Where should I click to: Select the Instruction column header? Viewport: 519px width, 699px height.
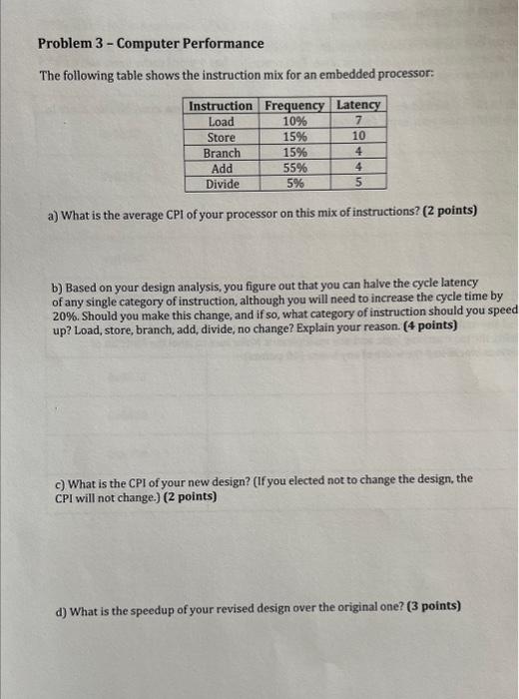pyautogui.click(x=221, y=106)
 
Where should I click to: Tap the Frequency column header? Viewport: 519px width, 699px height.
pyautogui.click(x=294, y=106)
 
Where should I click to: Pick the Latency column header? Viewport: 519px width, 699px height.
pyautogui.click(x=359, y=106)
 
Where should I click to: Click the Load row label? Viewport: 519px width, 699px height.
pyautogui.click(x=221, y=122)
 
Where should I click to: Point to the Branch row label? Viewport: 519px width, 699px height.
pyautogui.click(x=222, y=153)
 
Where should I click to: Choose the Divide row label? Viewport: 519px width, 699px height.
pyautogui.click(x=222, y=184)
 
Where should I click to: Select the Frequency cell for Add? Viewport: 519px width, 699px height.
pyautogui.click(x=294, y=169)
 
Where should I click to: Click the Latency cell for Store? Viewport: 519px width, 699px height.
pyautogui.click(x=359, y=137)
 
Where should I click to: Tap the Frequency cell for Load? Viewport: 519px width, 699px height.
pyautogui.click(x=294, y=122)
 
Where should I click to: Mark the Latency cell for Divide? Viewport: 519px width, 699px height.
pyautogui.click(x=359, y=184)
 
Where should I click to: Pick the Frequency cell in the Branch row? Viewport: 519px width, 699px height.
pyautogui.click(x=294, y=153)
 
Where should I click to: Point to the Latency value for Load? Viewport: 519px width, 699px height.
pyautogui.click(x=359, y=122)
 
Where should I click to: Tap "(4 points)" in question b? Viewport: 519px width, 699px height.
pyautogui.click(x=429, y=326)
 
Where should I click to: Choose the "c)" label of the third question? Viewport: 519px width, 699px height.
pyautogui.click(x=59, y=479)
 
